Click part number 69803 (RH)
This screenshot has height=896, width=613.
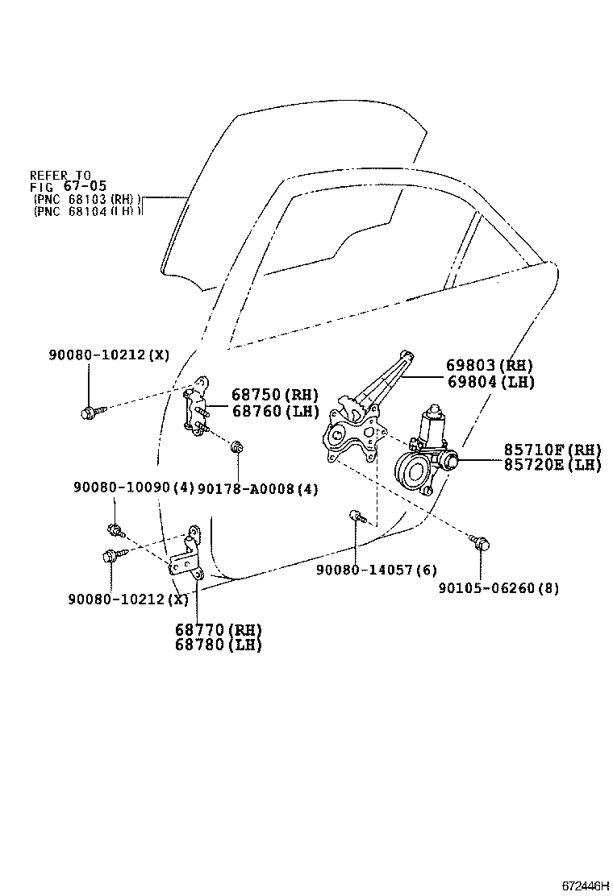(490, 365)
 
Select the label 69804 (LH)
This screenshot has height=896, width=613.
(490, 382)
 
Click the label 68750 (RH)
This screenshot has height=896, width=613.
(275, 395)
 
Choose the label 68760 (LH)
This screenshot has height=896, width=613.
(275, 411)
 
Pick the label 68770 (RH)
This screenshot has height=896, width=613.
(219, 629)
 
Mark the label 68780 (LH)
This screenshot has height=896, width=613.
(219, 645)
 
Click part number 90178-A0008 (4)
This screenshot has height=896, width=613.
(257, 488)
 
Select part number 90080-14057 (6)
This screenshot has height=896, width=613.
(377, 570)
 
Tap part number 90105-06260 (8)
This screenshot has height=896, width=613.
(498, 587)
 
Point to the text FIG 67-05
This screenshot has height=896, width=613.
(60, 186)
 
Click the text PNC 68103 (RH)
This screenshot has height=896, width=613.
(88, 198)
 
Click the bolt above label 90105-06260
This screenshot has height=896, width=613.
(481, 544)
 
